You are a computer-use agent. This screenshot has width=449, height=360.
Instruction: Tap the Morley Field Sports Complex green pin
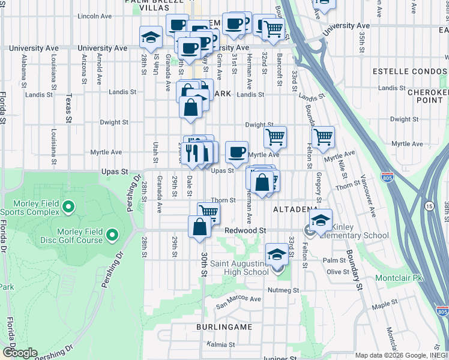coord(68,208)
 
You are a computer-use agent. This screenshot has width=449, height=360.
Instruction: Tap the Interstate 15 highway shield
coord(429,206)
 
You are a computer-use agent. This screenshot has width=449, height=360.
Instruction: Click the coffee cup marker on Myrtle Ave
coord(237,151)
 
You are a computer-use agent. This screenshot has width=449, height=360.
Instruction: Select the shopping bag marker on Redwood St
coord(199,227)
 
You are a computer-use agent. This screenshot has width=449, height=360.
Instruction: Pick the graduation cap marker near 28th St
coord(151,37)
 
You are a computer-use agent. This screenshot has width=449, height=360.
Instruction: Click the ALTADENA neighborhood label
coord(295,209)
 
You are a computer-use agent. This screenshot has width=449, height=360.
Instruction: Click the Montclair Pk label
coord(399,278)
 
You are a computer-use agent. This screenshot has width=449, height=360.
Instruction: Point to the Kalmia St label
coord(220,344)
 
